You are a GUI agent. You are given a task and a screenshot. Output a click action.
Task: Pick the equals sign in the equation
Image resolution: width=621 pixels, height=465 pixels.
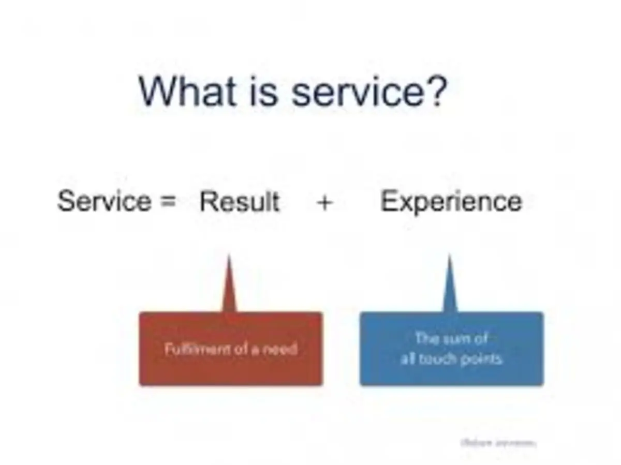pos(168,202)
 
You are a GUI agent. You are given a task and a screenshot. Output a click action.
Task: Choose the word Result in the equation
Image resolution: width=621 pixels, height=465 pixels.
pos(240,201)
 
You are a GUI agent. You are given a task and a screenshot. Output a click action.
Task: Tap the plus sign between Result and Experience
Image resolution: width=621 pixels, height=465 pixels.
pos(324,202)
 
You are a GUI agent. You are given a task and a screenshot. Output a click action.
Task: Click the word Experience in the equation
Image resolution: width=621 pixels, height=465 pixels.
pos(451,202)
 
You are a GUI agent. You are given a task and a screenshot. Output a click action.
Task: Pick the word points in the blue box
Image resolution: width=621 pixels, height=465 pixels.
pos(482,358)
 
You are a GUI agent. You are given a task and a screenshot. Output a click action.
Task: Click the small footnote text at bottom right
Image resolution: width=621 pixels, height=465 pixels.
pos(498,443)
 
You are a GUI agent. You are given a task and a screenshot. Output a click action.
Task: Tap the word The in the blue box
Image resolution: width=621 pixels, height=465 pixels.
pos(427,339)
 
